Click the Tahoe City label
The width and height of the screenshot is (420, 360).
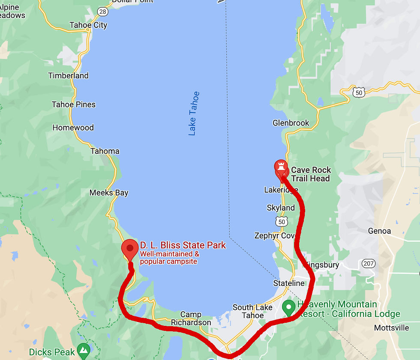pyautogui.click(x=88, y=25)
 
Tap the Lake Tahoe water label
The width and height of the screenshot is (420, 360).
pyautogui.click(x=194, y=113)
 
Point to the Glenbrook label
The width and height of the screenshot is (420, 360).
pyautogui.click(x=291, y=123)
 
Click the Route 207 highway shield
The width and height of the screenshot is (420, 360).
pyautogui.click(x=368, y=263)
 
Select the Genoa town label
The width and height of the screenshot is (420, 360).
pyautogui.click(x=379, y=231)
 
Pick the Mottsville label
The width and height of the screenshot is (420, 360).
pyautogui.click(x=391, y=328)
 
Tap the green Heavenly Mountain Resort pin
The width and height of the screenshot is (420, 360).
pyautogui.click(x=289, y=307)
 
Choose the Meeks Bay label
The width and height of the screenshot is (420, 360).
pyautogui.click(x=109, y=193)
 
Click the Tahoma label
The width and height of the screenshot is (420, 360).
pyautogui.click(x=105, y=151)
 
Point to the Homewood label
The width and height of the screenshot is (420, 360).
pyautogui.click(x=73, y=128)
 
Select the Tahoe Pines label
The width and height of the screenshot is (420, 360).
pyautogui.click(x=74, y=104)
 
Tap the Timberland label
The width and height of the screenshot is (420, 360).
pyautogui.click(x=68, y=76)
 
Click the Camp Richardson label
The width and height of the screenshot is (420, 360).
pyautogui.click(x=191, y=319)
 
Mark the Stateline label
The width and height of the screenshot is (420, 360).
pyautogui.click(x=289, y=283)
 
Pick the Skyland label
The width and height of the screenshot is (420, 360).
pyautogui.click(x=281, y=208)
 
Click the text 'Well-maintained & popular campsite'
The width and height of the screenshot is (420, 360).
pyautogui.click(x=169, y=258)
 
